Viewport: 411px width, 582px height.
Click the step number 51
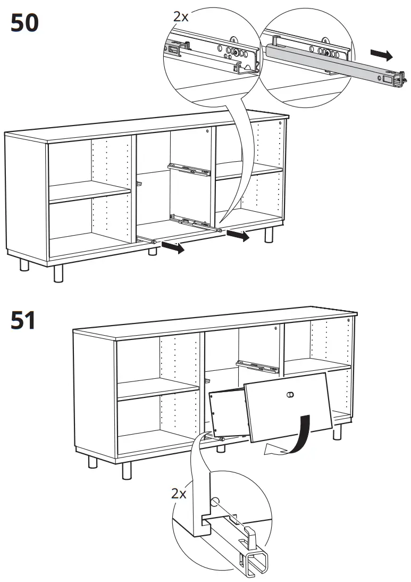click(x=24, y=321)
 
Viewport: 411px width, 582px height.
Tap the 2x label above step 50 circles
click(x=181, y=16)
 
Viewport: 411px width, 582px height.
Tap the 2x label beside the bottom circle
click(x=179, y=493)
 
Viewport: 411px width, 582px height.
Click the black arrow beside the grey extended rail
click(x=382, y=54)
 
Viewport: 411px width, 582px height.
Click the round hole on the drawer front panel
click(x=290, y=395)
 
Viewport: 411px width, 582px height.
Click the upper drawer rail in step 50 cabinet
click(x=190, y=169)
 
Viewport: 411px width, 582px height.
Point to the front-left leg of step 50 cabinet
click(x=57, y=272)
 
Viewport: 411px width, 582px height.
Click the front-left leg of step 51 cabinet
click(x=127, y=470)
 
